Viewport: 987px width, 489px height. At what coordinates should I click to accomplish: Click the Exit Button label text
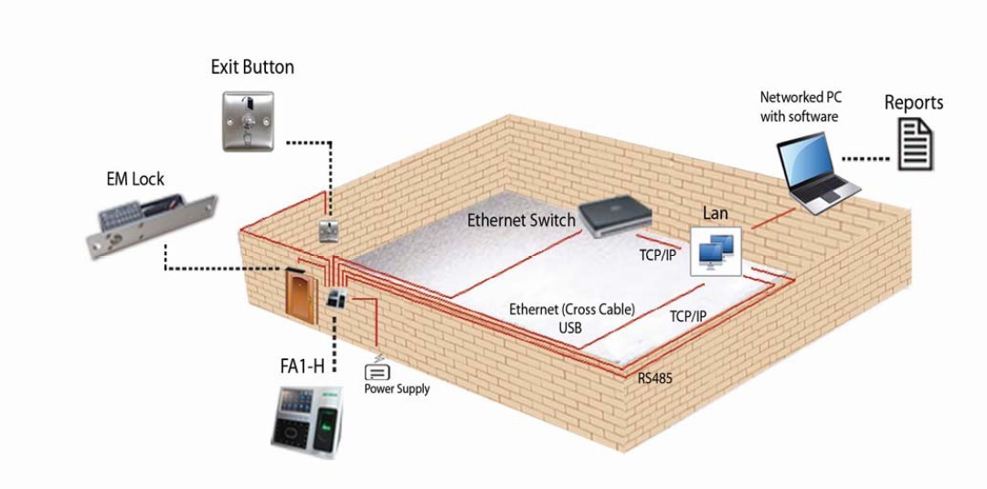(252, 67)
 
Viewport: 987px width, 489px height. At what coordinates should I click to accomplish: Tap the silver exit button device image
(249, 120)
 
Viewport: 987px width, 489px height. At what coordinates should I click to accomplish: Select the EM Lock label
(135, 178)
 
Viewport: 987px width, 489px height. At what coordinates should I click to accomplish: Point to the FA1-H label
(302, 367)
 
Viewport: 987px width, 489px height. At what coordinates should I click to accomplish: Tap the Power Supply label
(397, 388)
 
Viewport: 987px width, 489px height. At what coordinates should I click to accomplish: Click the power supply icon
(377, 371)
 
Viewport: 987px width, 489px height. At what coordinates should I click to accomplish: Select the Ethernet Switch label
(521, 219)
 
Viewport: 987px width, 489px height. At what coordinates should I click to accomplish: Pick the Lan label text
(715, 213)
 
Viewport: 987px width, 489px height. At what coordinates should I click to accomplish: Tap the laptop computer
(815, 174)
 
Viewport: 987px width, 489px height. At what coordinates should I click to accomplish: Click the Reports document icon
(915, 146)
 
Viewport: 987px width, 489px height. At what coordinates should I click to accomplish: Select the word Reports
(913, 102)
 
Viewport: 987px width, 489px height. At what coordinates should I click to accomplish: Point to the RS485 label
(654, 377)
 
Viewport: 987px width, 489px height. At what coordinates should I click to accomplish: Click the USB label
(571, 326)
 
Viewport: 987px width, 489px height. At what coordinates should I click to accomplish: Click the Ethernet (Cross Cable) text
(571, 310)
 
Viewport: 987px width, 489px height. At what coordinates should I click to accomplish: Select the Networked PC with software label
(799, 106)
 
